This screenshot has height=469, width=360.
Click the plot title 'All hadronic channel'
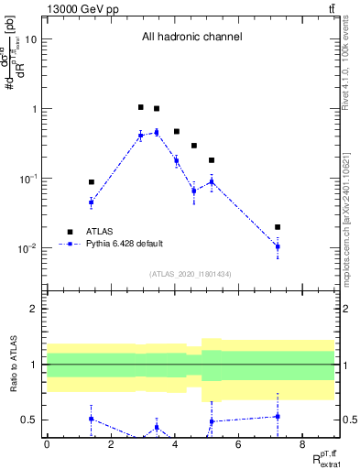[191, 38]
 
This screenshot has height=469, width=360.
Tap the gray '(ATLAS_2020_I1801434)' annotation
[191, 274]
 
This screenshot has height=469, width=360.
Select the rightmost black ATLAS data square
[278, 227]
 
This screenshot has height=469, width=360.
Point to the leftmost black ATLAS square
[91, 182]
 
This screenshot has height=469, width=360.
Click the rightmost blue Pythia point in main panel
[278, 246]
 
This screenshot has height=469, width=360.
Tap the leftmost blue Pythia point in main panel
[91, 202]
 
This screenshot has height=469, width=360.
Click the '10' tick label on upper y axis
[31, 39]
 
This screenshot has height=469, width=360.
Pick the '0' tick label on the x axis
[47, 444]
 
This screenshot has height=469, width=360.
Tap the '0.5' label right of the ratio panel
[347, 420]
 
